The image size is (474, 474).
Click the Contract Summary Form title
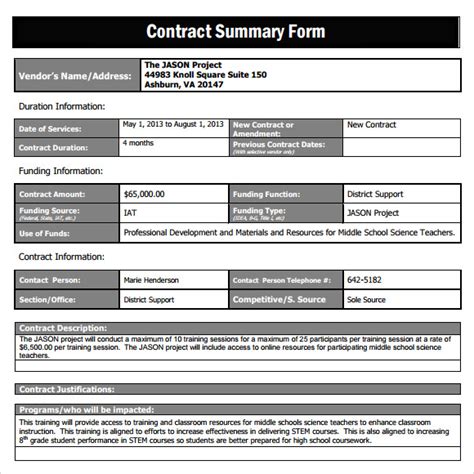click(236, 30)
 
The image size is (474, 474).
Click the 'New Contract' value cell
click(371, 125)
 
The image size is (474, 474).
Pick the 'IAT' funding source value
click(131, 213)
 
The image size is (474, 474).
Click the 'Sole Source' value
click(367, 299)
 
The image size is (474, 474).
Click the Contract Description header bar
click(236, 327)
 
